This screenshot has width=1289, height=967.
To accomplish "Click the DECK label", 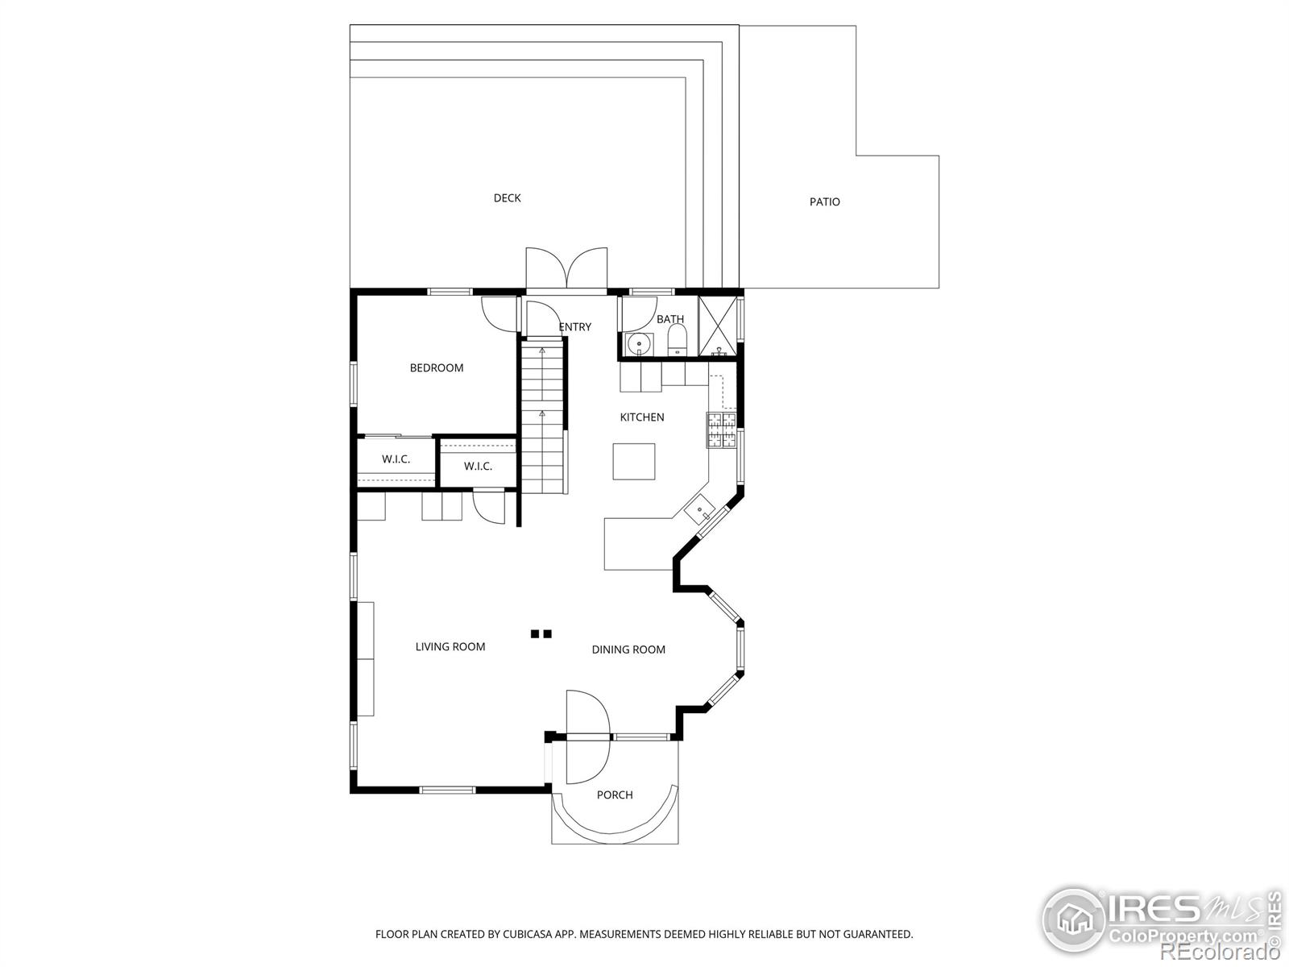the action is tap(507, 198).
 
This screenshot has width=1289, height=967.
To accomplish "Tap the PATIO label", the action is tap(824, 201).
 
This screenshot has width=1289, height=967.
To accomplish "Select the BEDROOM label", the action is tap(437, 367).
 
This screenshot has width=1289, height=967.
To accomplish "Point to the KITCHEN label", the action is tap(642, 417).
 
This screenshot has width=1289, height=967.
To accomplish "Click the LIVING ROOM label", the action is tap(450, 646).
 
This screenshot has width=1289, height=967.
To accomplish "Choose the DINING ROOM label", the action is tap(628, 650).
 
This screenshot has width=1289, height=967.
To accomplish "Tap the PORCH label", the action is tap(615, 795).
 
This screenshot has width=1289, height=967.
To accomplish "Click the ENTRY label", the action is tap(575, 326).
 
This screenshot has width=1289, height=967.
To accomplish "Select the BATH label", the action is tap(670, 319).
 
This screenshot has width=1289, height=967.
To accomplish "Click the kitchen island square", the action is tap(634, 462).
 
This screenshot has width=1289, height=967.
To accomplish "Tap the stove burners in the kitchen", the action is tap(721, 430).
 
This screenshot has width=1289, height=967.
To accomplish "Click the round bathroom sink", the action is tap(638, 343).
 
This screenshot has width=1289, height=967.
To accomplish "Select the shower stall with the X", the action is tap(717, 326).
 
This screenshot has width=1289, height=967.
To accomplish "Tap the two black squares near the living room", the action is tap(541, 633).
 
